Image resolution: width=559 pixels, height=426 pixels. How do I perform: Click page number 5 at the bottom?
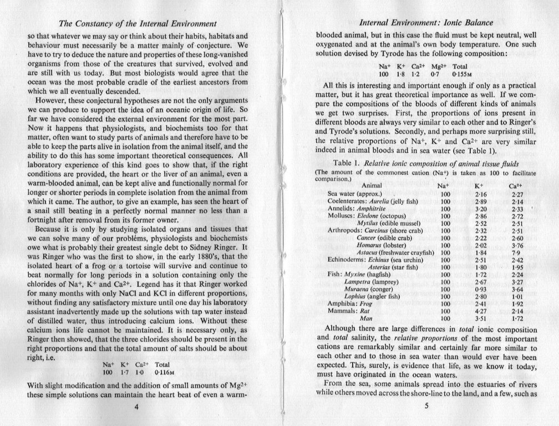click(426, 405)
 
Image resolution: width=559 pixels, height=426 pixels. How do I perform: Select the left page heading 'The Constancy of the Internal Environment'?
click(137, 24)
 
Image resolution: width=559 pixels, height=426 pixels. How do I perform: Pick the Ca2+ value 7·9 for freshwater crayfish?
click(516, 252)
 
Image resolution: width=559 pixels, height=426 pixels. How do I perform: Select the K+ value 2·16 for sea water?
click(480, 193)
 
